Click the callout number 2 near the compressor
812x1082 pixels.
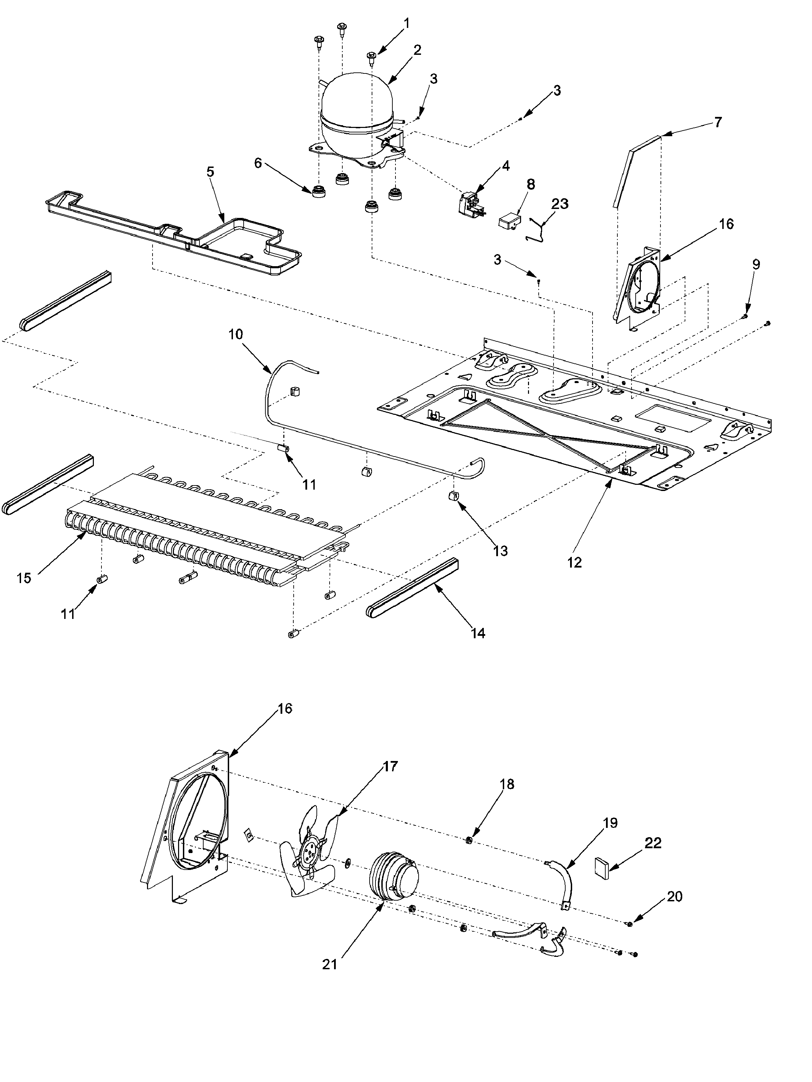(x=417, y=50)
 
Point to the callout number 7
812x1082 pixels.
(x=717, y=122)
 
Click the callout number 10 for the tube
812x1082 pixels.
(x=235, y=334)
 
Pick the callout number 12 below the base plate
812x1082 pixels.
(x=575, y=562)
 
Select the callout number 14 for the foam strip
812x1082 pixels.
(x=478, y=633)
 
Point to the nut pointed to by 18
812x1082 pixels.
(x=468, y=840)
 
